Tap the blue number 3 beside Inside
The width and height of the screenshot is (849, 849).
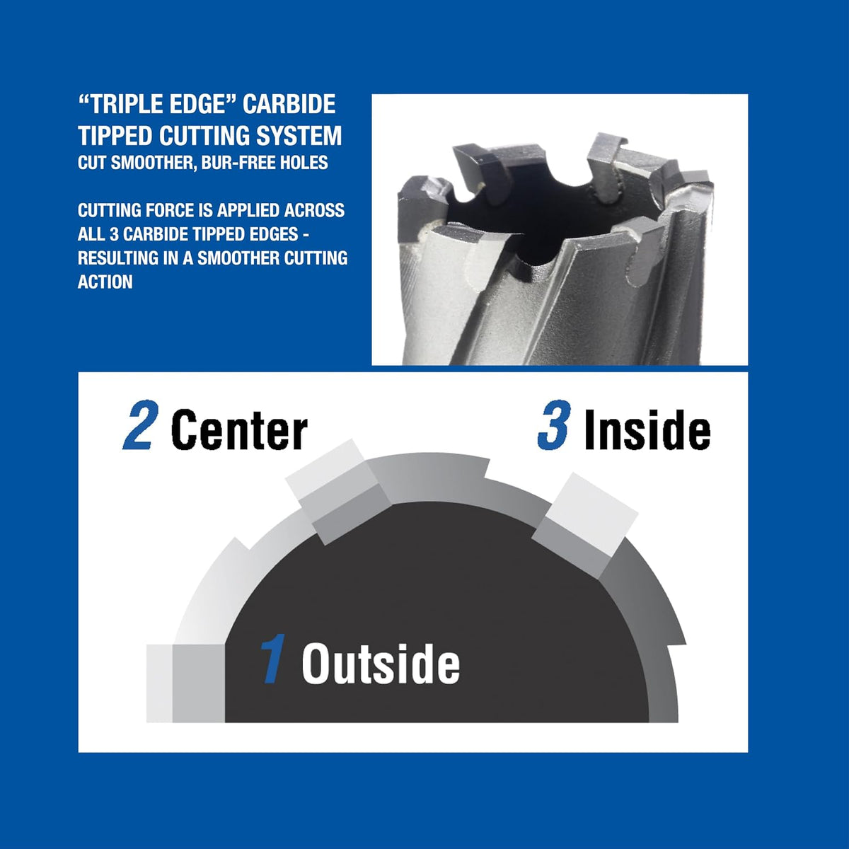click(x=554, y=425)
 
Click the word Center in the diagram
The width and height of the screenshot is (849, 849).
click(x=239, y=429)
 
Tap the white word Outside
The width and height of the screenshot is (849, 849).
click(x=381, y=664)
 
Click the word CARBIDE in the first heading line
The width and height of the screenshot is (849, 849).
click(x=289, y=105)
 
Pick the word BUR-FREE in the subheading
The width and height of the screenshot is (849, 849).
click(x=231, y=163)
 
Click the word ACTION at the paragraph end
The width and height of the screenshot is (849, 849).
click(x=105, y=282)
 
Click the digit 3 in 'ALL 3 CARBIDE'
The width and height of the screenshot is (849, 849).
click(x=114, y=234)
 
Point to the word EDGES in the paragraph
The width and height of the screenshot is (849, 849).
click(x=274, y=234)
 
